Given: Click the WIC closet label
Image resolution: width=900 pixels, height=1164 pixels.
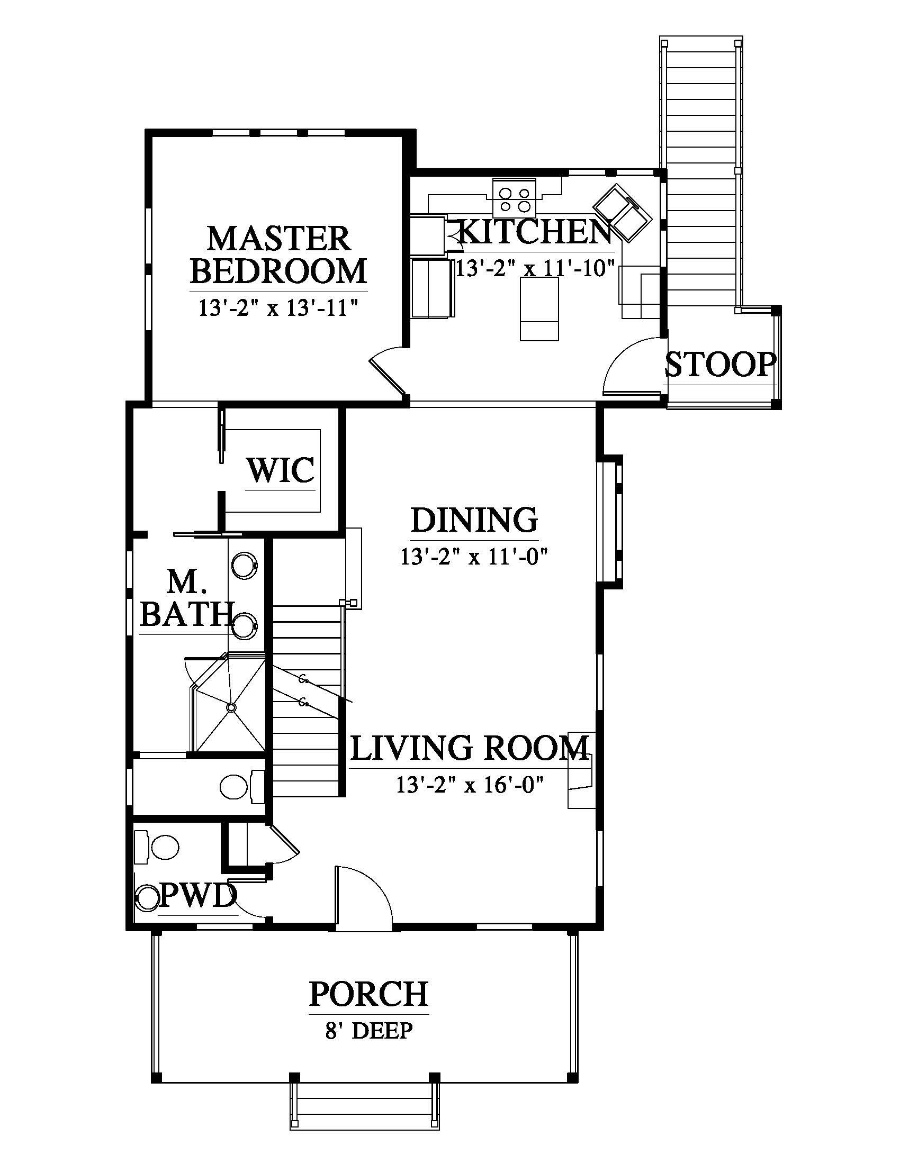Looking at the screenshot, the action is tap(281, 470).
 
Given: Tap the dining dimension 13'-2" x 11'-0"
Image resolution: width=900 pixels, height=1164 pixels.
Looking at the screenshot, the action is tap(474, 558).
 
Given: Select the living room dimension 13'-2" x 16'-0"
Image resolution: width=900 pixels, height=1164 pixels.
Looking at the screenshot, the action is tap(469, 785).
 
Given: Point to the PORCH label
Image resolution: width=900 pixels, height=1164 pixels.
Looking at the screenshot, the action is tap(369, 994).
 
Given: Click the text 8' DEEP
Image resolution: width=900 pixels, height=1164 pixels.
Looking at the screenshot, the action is tap(369, 1031).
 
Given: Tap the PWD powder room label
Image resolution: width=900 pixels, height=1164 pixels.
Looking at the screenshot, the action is tap(198, 895).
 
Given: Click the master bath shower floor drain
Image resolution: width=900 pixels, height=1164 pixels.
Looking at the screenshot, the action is tap(231, 707).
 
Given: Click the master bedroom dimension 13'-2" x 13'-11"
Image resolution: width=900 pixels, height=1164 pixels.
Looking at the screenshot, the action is tap(278, 308).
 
